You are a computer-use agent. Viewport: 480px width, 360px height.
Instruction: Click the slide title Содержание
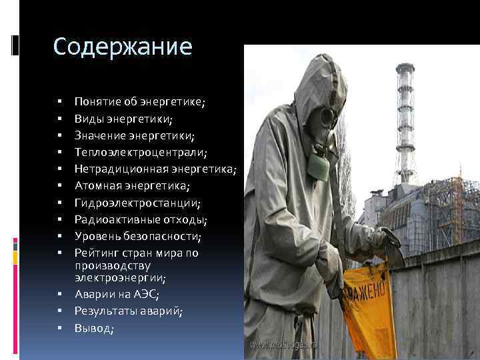[x=122, y=47]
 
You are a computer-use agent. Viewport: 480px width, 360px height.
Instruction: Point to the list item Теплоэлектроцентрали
[x=139, y=153]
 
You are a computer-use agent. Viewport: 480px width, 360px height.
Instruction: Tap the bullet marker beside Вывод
[x=59, y=328]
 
